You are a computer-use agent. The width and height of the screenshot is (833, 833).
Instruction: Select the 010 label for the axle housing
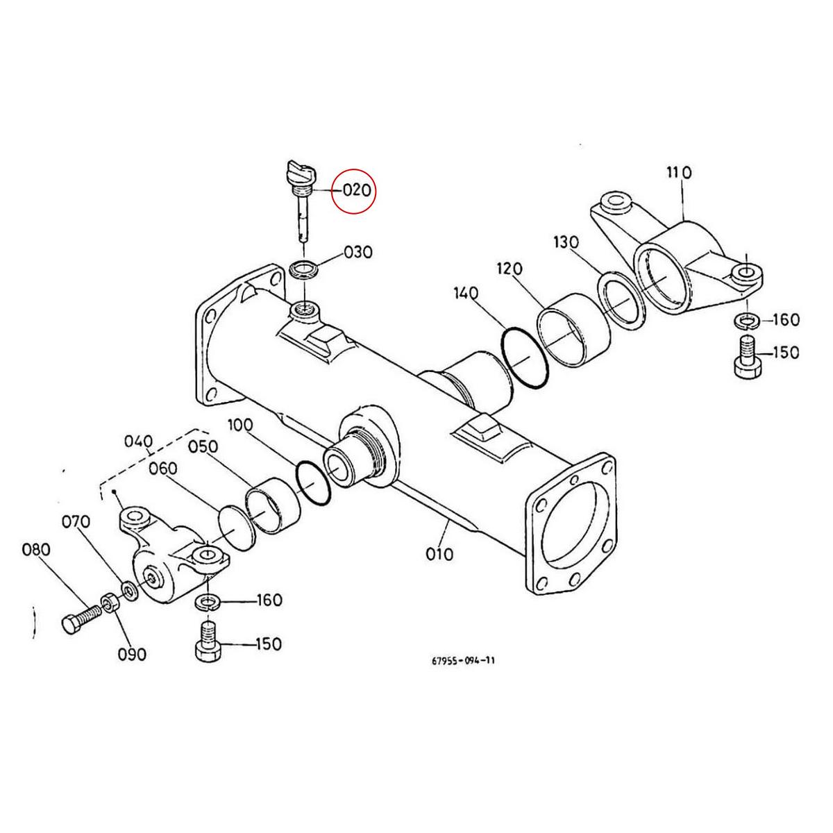tap(439, 554)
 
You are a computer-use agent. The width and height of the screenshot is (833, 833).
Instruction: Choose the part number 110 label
tap(679, 172)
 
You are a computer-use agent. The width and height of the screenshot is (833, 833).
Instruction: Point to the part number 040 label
tap(139, 441)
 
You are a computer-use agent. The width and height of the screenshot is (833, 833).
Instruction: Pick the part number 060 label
tap(163, 469)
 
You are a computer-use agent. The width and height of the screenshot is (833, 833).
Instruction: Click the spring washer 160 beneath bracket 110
tap(746, 321)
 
